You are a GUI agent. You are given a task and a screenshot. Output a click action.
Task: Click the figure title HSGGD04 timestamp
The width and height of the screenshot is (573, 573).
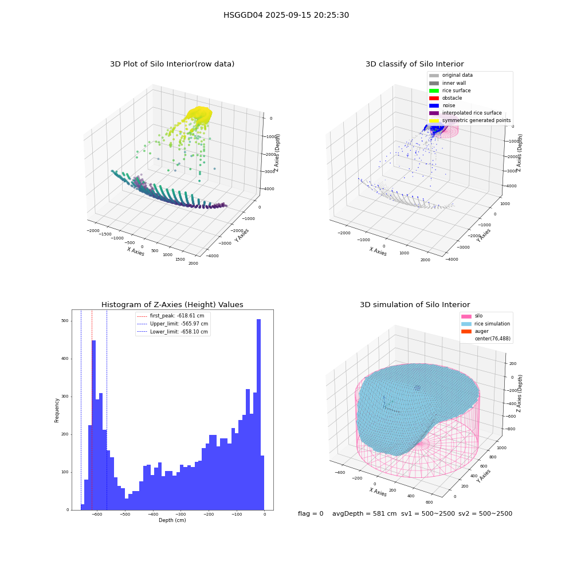click(x=286, y=15)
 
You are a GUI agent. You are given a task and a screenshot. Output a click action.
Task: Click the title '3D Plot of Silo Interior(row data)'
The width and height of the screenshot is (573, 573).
click(x=172, y=64)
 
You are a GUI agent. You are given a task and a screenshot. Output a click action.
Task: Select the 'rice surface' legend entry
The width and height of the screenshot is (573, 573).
click(x=450, y=91)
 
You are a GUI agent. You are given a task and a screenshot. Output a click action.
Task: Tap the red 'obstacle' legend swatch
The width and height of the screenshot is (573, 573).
click(x=434, y=98)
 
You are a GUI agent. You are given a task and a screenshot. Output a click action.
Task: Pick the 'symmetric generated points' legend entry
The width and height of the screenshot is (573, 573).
click(x=470, y=120)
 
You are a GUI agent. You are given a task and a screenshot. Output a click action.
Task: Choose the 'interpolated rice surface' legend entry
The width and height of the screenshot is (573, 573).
click(x=465, y=113)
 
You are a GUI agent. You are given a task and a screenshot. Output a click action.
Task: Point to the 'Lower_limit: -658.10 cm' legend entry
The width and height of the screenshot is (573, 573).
click(x=172, y=332)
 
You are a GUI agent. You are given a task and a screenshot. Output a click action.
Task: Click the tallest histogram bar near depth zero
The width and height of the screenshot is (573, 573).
click(x=259, y=414)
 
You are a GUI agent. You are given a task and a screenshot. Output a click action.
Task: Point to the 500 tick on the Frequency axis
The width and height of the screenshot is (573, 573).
click(x=65, y=321)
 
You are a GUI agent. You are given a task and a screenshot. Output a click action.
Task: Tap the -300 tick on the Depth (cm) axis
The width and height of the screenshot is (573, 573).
click(x=180, y=514)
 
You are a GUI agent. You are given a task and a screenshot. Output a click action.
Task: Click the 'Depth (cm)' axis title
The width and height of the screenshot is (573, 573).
click(x=172, y=520)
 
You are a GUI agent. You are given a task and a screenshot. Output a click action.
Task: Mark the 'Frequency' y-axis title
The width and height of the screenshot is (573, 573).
click(x=57, y=410)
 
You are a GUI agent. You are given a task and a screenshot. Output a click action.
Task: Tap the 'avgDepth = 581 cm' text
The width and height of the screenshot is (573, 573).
click(x=364, y=513)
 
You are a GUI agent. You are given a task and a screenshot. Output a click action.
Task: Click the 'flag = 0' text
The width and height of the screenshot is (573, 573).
click(x=311, y=513)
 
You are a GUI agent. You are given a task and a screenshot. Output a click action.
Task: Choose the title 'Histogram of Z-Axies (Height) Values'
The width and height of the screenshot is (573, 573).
click(x=172, y=305)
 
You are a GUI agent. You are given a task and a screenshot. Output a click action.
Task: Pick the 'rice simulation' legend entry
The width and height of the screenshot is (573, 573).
click(x=486, y=324)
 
